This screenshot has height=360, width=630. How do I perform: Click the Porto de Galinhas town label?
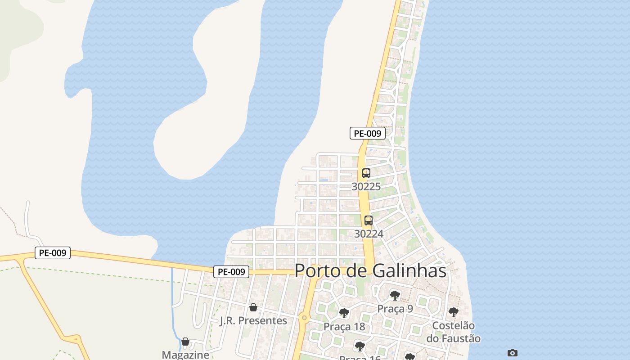[x=370, y=271]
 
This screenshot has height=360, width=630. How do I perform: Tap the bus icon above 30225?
[x=366, y=173]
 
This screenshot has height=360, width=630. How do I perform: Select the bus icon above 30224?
[x=369, y=220]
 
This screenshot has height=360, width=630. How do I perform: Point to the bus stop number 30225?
[x=366, y=186]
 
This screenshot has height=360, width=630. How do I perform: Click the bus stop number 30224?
[x=369, y=234]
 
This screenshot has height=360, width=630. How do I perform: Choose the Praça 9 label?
[x=395, y=309]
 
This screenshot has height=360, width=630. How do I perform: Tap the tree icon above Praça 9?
[x=395, y=296]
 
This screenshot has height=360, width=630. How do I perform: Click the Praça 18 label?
[x=344, y=327]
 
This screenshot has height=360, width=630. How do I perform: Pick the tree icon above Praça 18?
[x=344, y=313]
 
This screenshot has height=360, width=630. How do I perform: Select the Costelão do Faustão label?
[x=454, y=332]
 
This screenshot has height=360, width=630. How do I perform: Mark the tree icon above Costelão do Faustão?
[x=454, y=312]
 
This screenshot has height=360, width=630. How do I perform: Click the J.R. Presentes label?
[x=253, y=321]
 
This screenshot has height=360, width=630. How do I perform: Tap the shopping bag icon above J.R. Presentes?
[x=253, y=307]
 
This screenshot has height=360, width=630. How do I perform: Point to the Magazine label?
[x=185, y=355]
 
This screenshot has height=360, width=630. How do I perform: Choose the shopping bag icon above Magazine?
[x=185, y=342]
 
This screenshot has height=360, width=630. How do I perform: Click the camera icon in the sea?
[x=512, y=353]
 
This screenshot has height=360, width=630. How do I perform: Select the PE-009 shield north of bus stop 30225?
[x=368, y=133]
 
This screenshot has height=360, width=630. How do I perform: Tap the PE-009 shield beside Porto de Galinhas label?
[x=231, y=272]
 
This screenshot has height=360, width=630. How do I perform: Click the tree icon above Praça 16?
[x=360, y=346]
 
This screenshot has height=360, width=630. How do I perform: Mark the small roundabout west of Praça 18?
[x=305, y=318]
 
